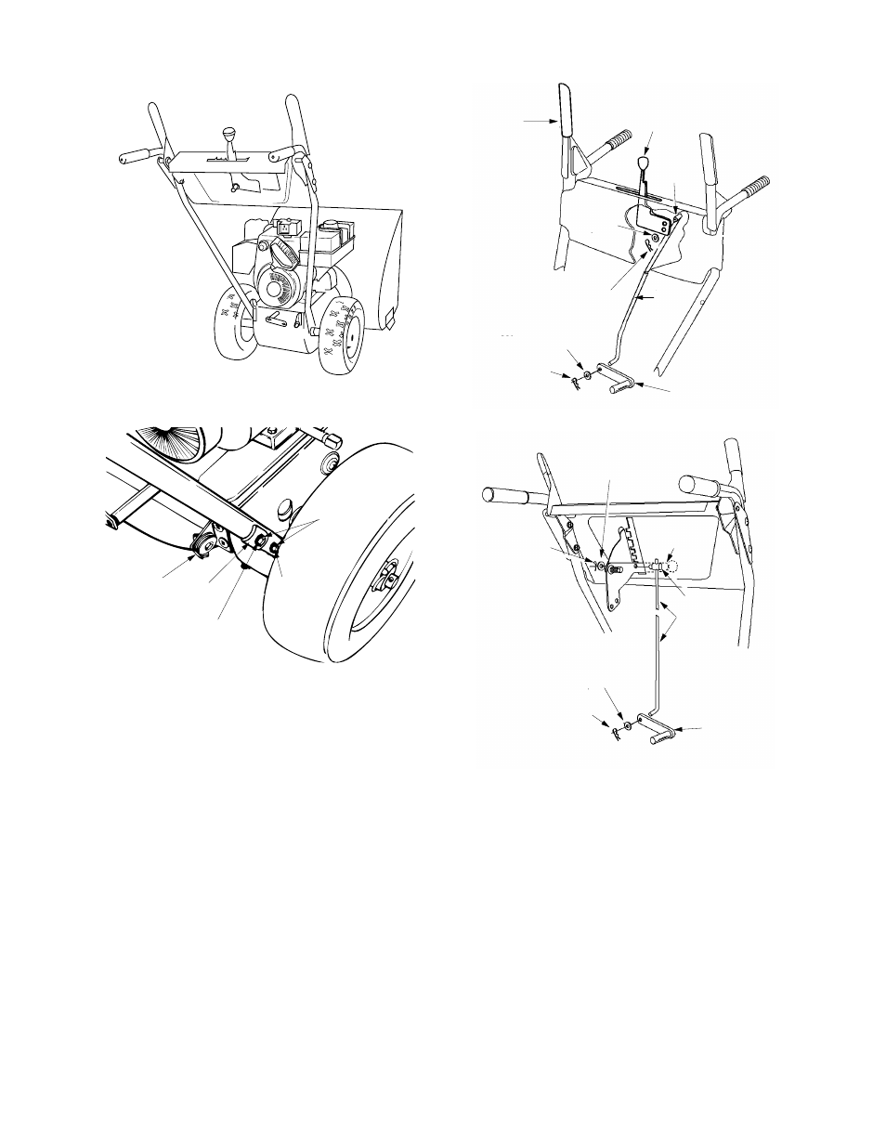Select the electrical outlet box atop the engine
[x=288, y=226]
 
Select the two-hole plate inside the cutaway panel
[x=661, y=222]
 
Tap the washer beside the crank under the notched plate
[x=629, y=724]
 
